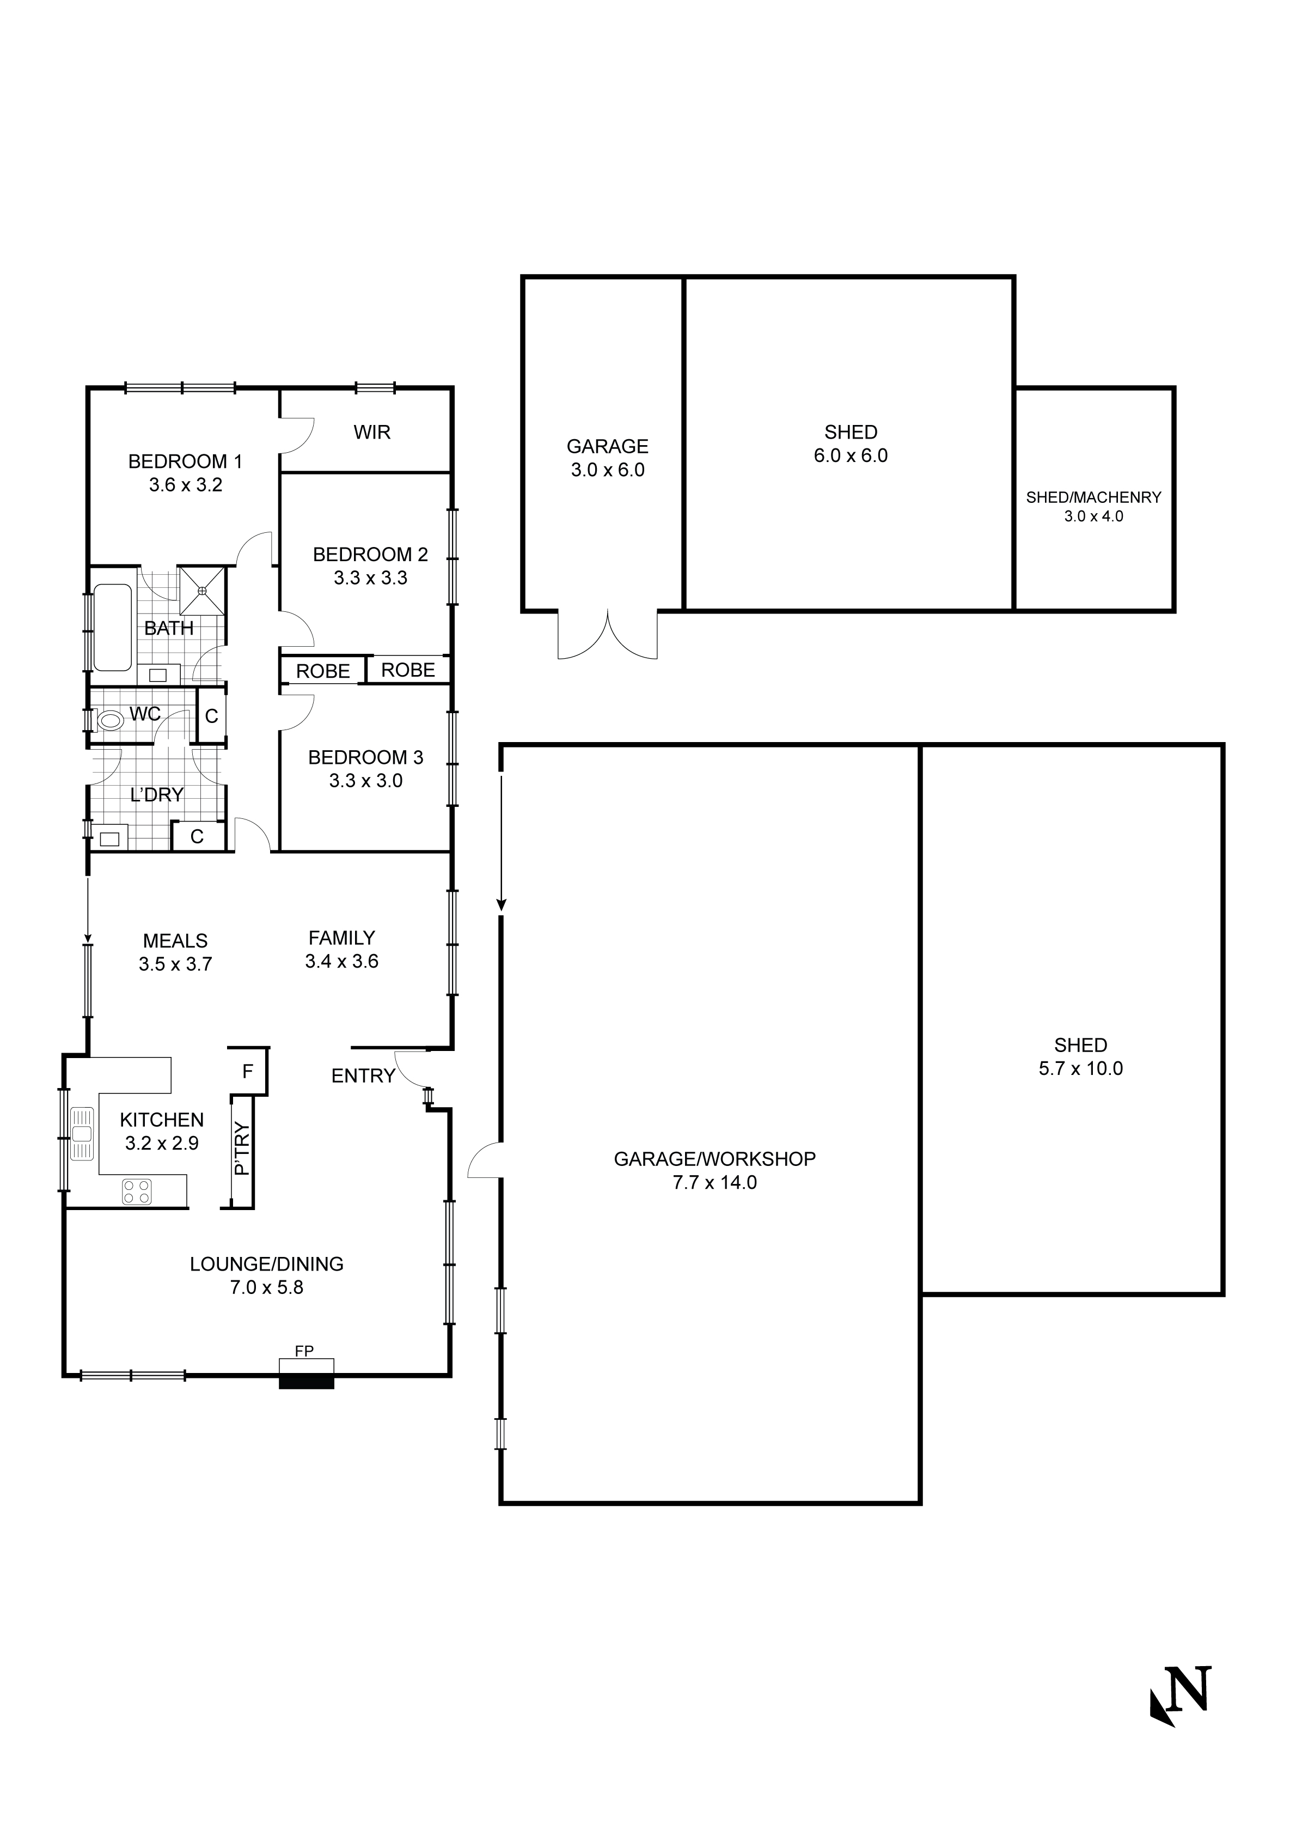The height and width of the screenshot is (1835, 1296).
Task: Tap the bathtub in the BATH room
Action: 113,628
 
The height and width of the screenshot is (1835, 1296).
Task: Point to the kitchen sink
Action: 82,1133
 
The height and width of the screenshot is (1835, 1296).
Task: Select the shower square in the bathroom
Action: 202,591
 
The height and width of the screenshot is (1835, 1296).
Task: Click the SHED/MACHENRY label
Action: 1093,497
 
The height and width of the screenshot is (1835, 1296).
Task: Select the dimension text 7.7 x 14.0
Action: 714,1183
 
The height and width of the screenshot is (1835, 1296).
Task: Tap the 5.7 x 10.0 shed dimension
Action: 1080,1068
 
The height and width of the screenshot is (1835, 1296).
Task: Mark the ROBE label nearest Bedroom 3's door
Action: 323,671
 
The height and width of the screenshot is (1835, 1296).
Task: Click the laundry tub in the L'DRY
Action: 109,839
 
